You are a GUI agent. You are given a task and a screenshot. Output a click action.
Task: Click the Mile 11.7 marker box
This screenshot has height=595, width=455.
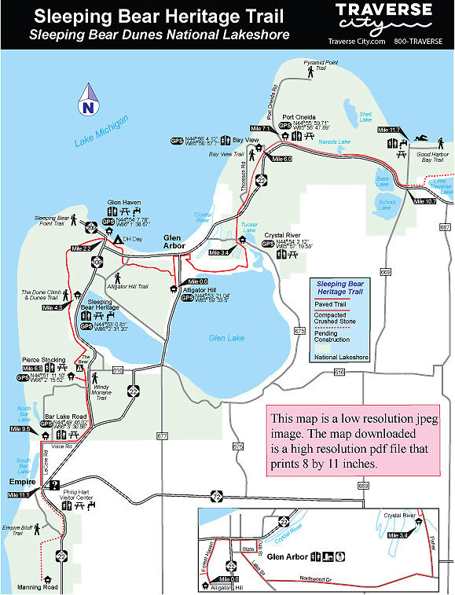tap(389, 130)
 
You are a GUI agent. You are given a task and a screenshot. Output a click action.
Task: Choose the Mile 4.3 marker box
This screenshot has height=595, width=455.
tap(52, 307)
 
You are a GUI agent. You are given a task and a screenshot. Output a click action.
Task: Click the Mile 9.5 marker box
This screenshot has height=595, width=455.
tap(20, 429)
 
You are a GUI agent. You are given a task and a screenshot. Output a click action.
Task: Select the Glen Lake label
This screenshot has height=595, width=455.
tap(227, 338)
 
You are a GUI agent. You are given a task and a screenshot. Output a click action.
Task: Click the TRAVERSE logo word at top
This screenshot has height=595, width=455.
tap(383, 10)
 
